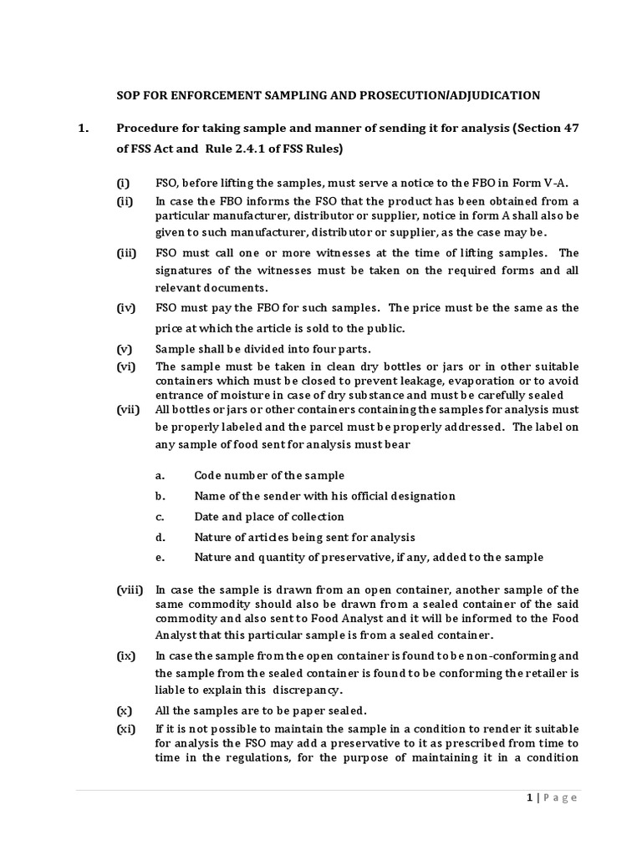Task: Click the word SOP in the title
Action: point(128,94)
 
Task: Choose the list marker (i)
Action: point(123,183)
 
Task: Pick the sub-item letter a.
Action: point(159,475)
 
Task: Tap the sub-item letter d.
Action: point(160,537)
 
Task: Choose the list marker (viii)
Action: point(129,589)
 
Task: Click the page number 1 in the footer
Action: point(530,797)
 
